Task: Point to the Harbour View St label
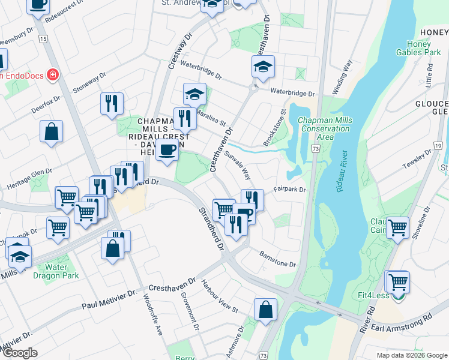click(220, 296)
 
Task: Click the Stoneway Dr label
click(89, 83)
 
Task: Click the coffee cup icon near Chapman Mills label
click(167, 151)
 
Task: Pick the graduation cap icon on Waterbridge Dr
click(262, 66)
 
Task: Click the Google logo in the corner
click(20, 353)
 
